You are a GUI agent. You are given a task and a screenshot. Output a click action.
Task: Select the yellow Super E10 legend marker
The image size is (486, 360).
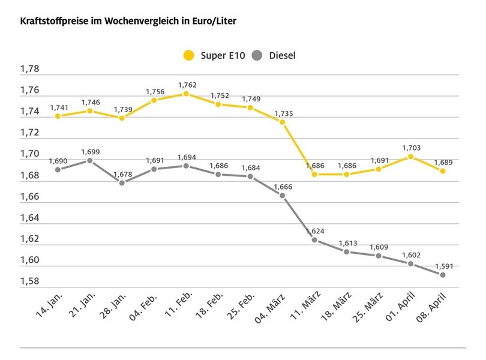(x=189, y=56)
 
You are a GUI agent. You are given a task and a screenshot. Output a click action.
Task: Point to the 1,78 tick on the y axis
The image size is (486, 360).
(x=29, y=69)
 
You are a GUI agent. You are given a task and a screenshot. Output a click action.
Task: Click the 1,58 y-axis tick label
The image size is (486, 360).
(x=29, y=281)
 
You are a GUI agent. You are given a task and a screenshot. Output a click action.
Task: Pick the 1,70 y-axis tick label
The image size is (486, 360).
(x=29, y=154)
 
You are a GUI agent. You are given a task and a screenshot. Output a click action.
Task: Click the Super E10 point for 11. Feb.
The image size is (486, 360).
(x=186, y=94)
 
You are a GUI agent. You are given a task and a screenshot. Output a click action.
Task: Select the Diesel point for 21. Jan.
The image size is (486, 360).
(x=90, y=160)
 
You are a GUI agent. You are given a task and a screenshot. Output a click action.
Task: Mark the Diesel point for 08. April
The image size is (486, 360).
(x=443, y=275)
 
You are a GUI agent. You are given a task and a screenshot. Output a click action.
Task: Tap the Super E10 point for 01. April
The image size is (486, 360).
(x=411, y=157)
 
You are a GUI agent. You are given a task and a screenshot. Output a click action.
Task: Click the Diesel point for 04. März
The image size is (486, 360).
(x=283, y=196)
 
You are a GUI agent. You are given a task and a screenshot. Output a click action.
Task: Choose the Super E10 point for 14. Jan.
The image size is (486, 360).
(x=58, y=116)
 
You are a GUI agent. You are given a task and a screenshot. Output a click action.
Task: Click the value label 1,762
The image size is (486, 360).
(x=187, y=85)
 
